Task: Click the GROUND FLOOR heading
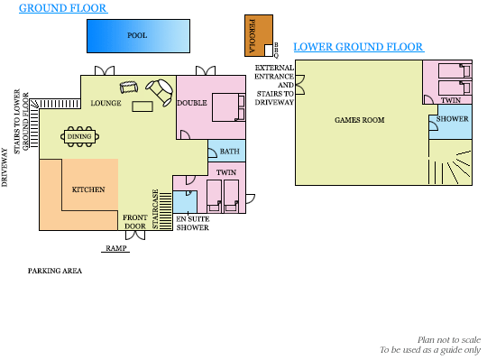[x=63, y=8]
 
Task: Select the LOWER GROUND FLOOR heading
[x=358, y=47]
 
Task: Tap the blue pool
[x=138, y=36]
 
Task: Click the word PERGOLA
[x=253, y=36]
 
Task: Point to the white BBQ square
[x=269, y=50]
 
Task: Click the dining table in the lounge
[x=80, y=136]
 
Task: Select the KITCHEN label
[x=88, y=189]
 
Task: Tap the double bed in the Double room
[x=228, y=107]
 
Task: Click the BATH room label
[x=230, y=152]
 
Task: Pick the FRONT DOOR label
[x=134, y=222]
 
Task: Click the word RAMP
[x=115, y=248]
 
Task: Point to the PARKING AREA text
[x=55, y=271]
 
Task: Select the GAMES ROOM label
[x=360, y=120]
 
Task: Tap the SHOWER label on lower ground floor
[x=452, y=119]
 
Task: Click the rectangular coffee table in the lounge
[x=142, y=106]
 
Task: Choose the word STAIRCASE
[x=155, y=209]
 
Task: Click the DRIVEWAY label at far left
[x=4, y=167]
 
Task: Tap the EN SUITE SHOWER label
[x=193, y=224]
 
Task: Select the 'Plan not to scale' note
[x=449, y=340]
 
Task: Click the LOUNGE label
[x=106, y=103]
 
